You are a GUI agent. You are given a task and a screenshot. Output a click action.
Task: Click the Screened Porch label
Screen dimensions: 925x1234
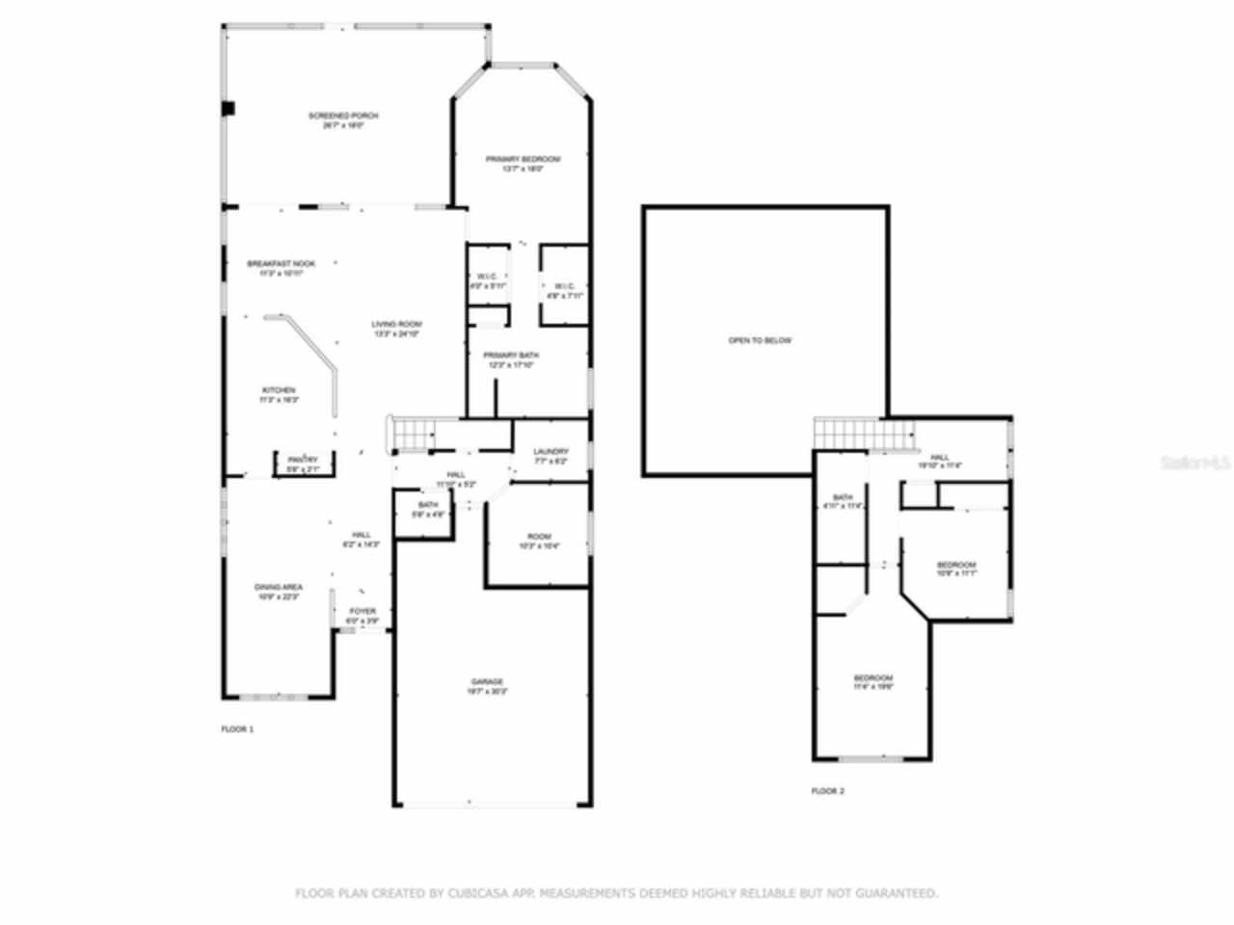(343, 117)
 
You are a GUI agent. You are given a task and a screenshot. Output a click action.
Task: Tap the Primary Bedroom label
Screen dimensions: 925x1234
(523, 159)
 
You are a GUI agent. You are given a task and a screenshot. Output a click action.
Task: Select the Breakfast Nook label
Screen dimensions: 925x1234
(281, 264)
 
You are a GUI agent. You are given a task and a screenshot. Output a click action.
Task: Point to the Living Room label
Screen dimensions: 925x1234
(396, 325)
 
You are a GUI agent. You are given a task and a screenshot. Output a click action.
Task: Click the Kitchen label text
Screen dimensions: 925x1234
(279, 390)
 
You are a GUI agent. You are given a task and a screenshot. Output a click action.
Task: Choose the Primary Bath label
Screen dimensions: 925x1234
(511, 356)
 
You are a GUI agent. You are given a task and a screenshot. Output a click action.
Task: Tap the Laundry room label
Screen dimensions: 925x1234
(550, 452)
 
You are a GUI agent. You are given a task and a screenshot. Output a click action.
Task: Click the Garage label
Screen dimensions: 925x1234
(487, 682)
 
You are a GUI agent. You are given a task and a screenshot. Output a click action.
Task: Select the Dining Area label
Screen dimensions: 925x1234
(279, 587)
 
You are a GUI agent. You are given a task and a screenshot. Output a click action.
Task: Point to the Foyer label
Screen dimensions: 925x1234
(362, 612)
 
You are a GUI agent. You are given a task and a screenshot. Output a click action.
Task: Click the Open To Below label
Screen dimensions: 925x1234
(760, 341)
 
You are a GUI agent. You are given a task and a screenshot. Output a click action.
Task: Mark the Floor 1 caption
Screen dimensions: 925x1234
(237, 729)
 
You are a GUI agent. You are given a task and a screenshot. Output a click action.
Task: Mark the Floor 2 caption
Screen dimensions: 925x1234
(827, 791)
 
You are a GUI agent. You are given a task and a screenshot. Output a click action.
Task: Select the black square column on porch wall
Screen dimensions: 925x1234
(228, 109)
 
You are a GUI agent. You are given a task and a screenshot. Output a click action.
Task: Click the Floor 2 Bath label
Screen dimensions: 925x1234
(843, 498)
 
